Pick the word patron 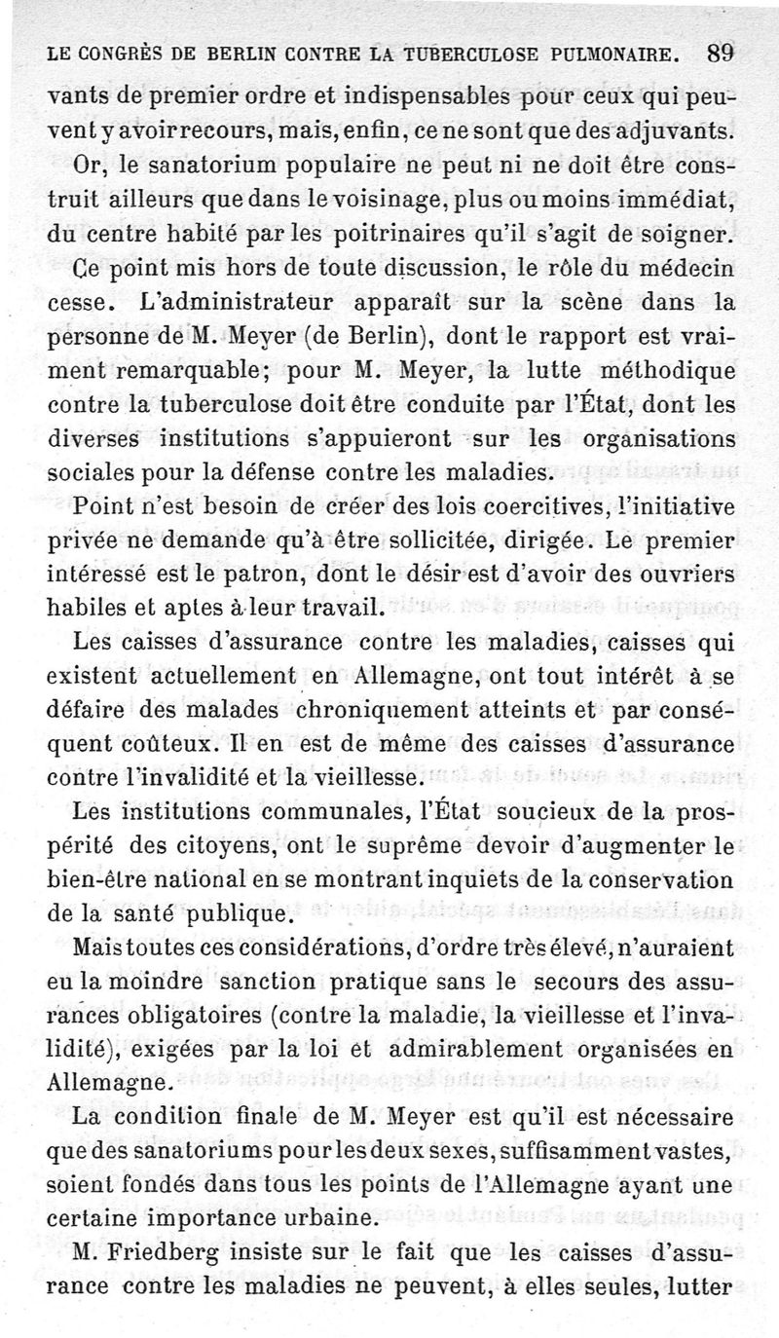coord(293,574)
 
